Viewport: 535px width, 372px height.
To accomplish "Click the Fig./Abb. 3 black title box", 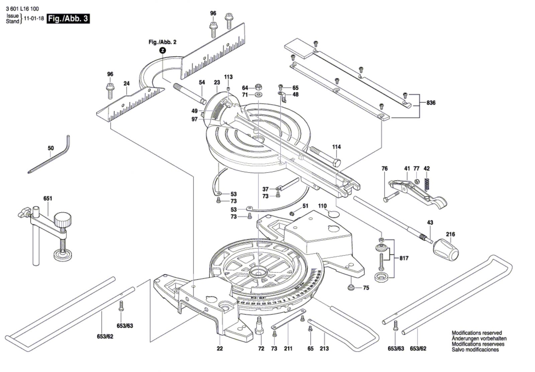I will point(68,19).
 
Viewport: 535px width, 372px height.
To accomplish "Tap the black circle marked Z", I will point(162,51).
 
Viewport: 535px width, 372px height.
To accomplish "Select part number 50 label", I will point(50,148).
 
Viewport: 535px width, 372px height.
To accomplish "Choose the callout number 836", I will point(431,103).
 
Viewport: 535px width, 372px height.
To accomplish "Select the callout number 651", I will point(48,199).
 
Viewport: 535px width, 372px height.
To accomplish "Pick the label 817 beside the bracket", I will point(404,258).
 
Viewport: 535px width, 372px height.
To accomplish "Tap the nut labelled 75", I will point(351,287).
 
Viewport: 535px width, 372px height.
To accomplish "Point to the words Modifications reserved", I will point(476,333).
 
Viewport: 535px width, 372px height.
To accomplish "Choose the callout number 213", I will point(324,349).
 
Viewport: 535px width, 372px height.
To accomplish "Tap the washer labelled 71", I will point(258,95).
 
